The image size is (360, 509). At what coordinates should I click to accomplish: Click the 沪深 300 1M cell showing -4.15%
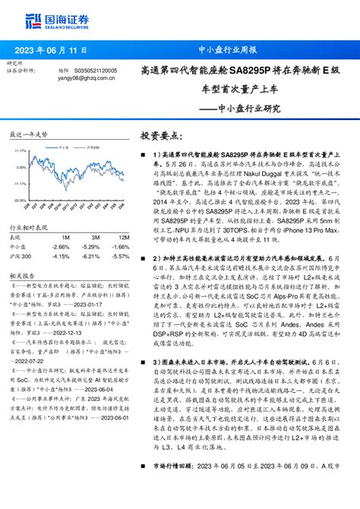point(62,256)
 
